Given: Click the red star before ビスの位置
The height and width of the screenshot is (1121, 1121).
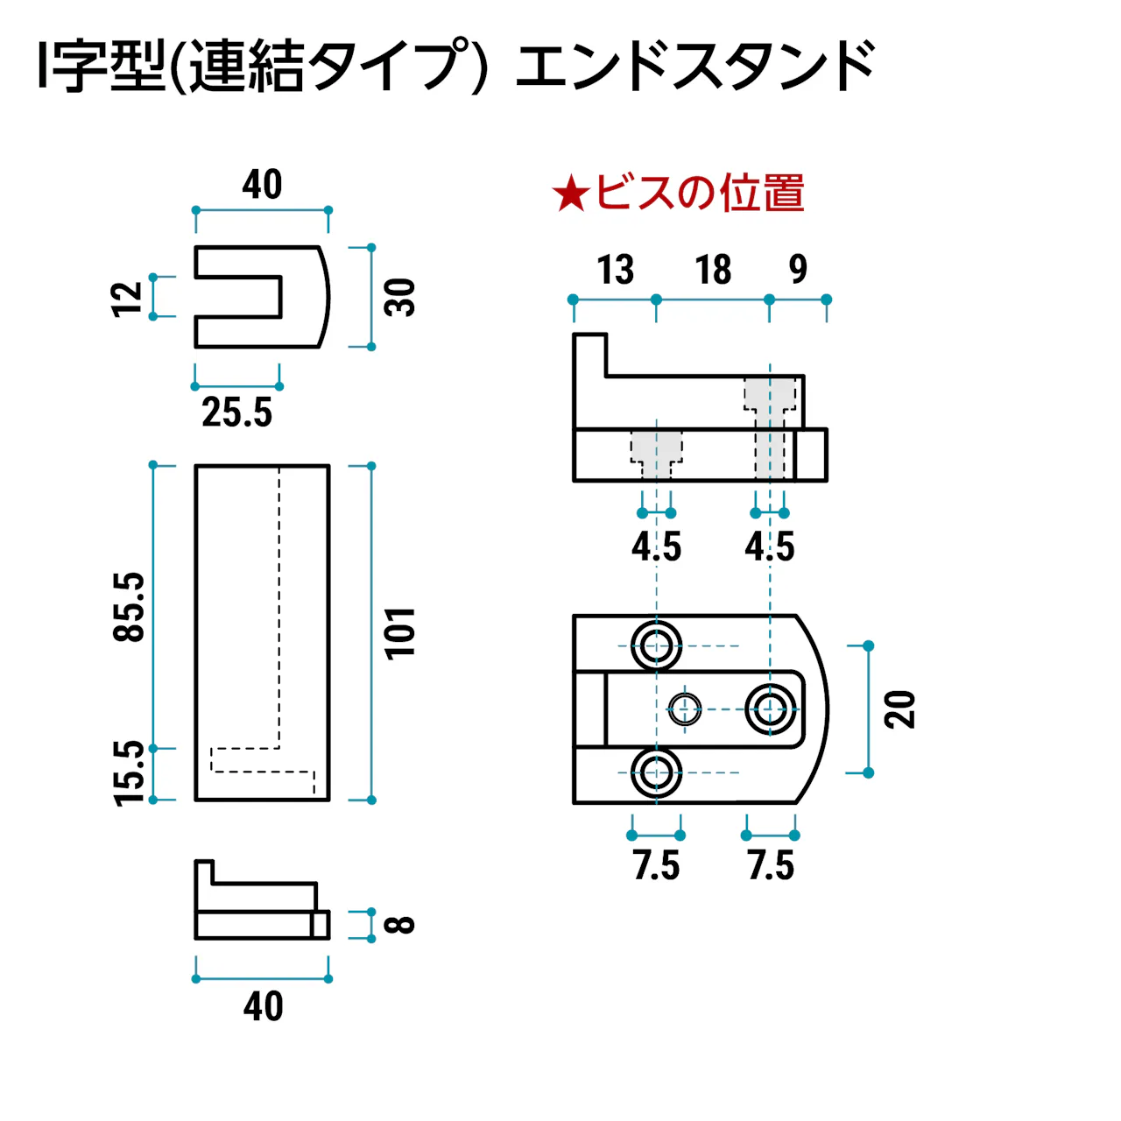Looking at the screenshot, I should pos(570,194).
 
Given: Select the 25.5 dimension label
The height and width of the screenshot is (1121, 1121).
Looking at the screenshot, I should pos(236,412).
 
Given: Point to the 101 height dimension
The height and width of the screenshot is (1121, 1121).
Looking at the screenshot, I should pos(400,632).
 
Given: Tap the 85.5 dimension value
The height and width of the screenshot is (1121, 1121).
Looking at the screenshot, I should pos(130,607).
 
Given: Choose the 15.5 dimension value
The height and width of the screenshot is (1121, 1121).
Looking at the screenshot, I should pos(130,772).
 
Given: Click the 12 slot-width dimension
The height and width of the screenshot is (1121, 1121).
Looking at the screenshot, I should pos(128,299).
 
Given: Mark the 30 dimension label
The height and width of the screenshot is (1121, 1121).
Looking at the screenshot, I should pos(400,297).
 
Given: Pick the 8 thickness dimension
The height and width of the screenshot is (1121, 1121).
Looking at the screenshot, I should pos(400,925).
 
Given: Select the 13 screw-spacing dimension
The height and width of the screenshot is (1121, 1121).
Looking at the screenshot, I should pos(615,270).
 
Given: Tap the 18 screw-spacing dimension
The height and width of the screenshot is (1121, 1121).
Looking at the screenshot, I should pos(713,270).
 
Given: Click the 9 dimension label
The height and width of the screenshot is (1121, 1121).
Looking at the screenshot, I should pos(798,270).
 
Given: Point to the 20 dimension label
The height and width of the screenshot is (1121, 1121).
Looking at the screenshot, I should pos(899,709).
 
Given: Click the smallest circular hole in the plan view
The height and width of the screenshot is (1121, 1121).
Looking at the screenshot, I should pos(685,709).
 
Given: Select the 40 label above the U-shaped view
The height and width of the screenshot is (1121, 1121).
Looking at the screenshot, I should pos(262,185).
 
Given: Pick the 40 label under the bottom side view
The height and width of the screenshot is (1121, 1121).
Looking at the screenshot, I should pos(263,1007).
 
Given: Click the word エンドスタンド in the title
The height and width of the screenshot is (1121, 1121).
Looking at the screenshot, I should pos(695,67).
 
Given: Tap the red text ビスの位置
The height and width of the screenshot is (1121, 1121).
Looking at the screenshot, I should pos(699,194).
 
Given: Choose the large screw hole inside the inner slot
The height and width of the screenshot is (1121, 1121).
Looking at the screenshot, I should pos(771,709).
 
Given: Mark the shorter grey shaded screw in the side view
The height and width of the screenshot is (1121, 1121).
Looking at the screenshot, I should pos(656,453).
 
